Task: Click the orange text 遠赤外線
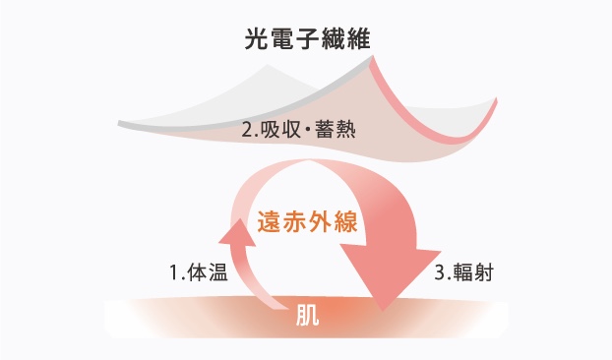(x=306, y=222)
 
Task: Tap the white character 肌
(x=306, y=317)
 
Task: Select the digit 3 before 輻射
(x=438, y=272)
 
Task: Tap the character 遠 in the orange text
(x=269, y=222)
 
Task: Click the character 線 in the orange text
(x=342, y=222)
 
